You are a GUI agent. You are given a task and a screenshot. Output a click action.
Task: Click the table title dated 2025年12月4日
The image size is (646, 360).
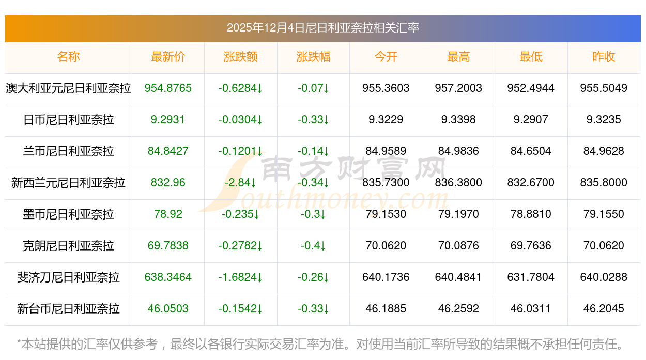(x=322, y=28)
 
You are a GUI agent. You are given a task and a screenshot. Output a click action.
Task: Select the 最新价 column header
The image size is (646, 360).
(x=168, y=57)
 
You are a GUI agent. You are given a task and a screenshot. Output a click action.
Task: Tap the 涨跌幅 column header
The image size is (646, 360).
(x=313, y=57)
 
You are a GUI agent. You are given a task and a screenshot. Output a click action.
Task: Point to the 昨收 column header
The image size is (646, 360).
(x=604, y=57)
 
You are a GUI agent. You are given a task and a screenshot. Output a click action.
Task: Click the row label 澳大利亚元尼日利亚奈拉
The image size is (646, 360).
(x=68, y=88)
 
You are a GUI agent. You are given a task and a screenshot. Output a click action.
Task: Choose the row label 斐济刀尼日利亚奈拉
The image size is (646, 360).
(x=68, y=277)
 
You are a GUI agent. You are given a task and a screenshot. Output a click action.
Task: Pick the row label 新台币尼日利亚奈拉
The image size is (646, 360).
(x=68, y=309)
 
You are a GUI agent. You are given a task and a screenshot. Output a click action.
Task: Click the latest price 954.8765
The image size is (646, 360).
(x=168, y=88)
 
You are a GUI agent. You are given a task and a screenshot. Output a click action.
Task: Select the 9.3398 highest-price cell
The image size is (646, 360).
(x=458, y=120)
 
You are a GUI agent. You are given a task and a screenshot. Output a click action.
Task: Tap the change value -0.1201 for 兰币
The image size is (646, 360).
(x=240, y=151)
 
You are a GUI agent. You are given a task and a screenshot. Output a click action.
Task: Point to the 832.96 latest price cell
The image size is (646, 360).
(x=168, y=183)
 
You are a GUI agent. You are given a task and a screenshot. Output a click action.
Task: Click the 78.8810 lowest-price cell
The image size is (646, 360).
(x=531, y=214)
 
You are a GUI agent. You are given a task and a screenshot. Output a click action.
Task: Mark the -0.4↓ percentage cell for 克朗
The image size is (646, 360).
(x=313, y=246)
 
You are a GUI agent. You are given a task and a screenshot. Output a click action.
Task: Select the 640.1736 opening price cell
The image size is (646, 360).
(x=386, y=277)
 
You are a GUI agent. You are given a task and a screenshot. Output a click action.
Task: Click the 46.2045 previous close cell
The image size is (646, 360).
(x=604, y=309)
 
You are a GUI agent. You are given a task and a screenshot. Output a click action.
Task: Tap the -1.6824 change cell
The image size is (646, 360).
(x=240, y=277)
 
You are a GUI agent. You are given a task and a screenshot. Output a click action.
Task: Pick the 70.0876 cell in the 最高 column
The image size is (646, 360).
(x=458, y=246)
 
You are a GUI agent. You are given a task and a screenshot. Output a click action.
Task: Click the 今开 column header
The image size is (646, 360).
(x=386, y=57)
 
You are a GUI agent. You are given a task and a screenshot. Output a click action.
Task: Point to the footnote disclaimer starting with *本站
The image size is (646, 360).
(x=320, y=343)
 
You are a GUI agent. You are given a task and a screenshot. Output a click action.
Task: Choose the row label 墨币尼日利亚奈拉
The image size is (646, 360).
(x=68, y=214)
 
